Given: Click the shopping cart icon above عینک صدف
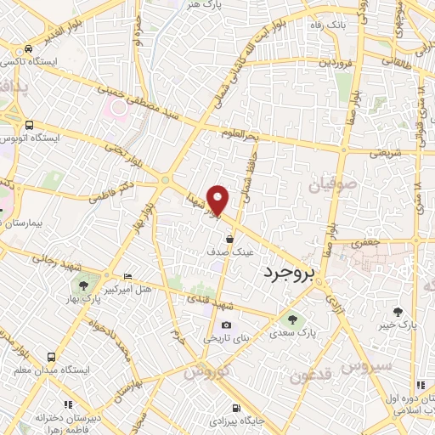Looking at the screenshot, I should coord(230,240).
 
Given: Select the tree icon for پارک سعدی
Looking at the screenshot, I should coord(292,320).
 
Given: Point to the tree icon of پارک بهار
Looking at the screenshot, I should coord(83,285).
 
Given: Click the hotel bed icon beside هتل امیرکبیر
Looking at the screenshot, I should coord(127,276).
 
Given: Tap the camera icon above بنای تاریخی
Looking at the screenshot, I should coord(225,325).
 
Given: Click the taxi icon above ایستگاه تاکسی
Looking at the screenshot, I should coord(30,49).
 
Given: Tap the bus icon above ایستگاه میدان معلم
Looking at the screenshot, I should coord(52,358).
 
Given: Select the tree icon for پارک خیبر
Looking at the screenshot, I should coord(398,311).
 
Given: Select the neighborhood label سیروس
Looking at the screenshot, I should coord(367,366).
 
